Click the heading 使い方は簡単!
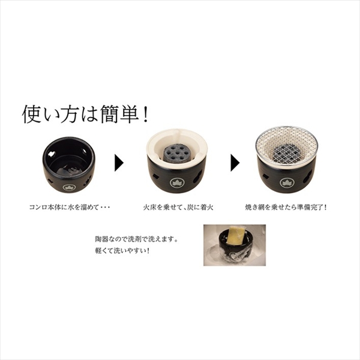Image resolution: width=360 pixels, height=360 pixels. point(85,115)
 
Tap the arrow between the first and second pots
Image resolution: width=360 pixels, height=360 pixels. point(119,163)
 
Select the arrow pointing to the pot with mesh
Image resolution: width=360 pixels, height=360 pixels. point(235,163)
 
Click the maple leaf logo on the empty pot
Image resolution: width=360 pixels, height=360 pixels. point(69,187)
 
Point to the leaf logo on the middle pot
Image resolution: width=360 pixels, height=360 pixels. point(177,182)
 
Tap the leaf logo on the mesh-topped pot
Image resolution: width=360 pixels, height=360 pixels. point(287,182)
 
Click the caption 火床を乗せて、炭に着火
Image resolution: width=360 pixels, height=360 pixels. point(178,208)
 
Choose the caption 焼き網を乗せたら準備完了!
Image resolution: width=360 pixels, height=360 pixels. point(286,208)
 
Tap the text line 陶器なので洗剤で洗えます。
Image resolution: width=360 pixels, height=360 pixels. point(137,239)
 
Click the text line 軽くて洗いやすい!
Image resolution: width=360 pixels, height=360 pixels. point(122,251)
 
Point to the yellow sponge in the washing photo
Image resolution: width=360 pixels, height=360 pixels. point(236,234)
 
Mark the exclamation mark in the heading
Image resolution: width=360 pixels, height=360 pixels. point(145,115)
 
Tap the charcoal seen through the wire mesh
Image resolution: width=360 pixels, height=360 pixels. point(287,153)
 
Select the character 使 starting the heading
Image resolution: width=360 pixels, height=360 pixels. point(31,115)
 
